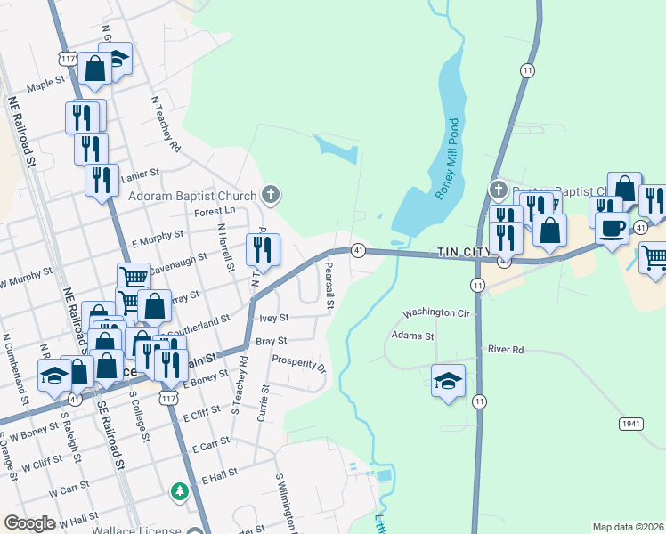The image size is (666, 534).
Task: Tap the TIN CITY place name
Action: click(x=466, y=253)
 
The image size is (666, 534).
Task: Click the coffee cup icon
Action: click(x=613, y=227)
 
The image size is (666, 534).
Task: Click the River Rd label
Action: click(x=506, y=350)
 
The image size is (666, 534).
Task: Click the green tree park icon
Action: click(x=181, y=490)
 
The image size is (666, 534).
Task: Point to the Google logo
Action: click(x=29, y=523)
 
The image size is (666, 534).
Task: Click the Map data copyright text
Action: click(x=628, y=527)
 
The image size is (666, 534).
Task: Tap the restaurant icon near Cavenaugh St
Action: click(x=263, y=250)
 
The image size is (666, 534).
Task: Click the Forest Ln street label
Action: click(x=215, y=211)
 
